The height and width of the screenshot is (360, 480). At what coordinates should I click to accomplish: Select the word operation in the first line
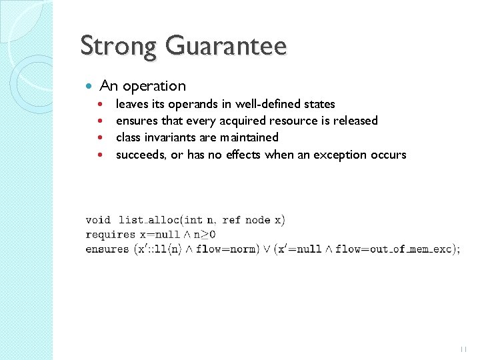155,86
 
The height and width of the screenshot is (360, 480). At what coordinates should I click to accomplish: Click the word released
354,121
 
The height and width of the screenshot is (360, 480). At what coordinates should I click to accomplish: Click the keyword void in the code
98,220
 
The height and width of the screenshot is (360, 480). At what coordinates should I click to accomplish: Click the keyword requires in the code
110,235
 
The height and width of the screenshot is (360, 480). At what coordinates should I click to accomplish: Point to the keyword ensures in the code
107,249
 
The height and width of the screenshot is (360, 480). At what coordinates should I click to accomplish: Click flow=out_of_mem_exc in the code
393,249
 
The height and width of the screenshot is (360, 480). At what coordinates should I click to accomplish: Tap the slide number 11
464,348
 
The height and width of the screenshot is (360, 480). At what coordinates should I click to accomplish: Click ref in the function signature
231,220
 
